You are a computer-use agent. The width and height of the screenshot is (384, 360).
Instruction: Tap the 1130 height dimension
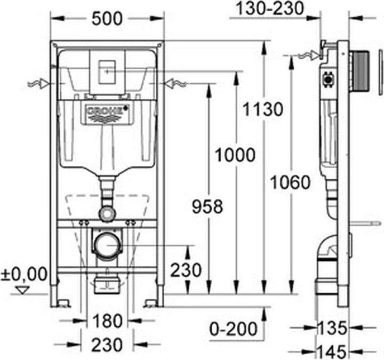pos(260,110)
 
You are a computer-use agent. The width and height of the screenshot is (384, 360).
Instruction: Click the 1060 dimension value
pos(290,182)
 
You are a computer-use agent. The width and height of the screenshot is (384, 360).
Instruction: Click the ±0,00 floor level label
pos(23,275)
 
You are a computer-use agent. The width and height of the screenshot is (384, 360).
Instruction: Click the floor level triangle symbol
pos(22,290)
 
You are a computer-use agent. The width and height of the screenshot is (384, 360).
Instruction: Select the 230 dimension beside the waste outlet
pos(186,270)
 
